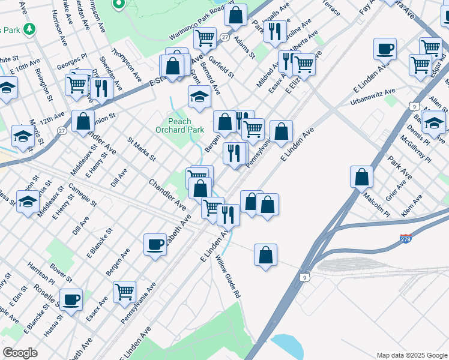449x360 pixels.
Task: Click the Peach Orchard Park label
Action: point(179,125)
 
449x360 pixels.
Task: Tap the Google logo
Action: point(20,353)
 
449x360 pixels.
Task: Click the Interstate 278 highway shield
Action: point(406,239)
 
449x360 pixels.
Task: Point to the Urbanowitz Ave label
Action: point(373,98)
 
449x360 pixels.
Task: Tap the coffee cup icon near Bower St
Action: point(71,299)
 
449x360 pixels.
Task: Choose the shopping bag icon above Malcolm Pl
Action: point(362,177)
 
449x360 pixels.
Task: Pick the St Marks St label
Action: point(142,149)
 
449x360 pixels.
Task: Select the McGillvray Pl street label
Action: point(417,148)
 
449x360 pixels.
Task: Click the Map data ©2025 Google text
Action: point(412,355)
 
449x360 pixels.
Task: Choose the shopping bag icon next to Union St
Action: point(83,121)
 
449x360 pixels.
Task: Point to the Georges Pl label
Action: point(72,62)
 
